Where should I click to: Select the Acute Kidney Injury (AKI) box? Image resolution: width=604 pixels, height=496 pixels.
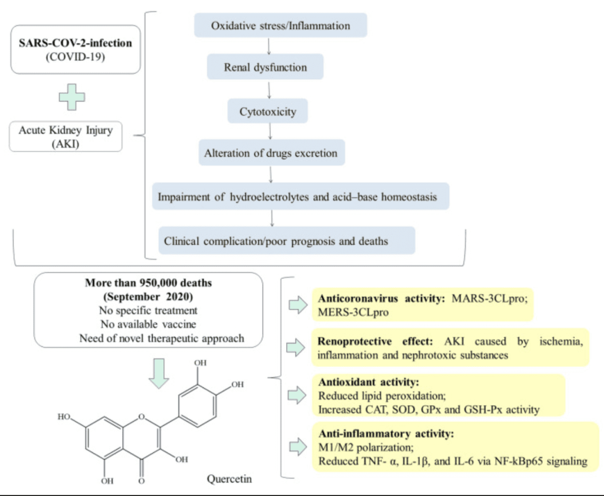tap(65, 135)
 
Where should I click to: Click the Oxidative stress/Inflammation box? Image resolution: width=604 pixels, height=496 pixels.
tap(280, 26)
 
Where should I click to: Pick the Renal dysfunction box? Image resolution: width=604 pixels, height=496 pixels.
tap(265, 67)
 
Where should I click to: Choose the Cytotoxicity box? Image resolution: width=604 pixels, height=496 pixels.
tap(268, 111)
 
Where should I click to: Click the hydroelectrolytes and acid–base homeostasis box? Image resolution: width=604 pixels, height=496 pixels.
tap(301, 196)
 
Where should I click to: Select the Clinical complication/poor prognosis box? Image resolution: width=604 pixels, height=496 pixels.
tap(284, 241)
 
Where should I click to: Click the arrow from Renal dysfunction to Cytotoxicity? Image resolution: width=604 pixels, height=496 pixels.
tap(269, 89)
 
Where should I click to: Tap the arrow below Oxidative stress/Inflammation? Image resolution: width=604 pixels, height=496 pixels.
tap(269, 45)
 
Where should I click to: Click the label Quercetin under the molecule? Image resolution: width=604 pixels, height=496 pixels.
tap(229, 478)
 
